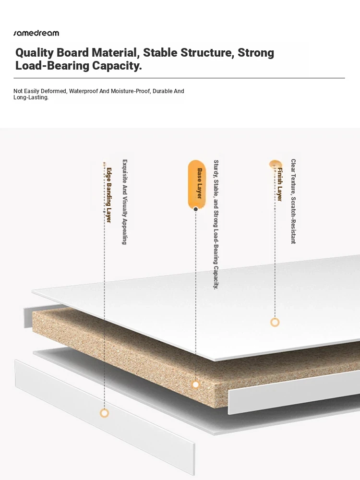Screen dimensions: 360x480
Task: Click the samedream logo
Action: click(x=36, y=33)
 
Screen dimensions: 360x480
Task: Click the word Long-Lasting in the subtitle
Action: click(x=31, y=97)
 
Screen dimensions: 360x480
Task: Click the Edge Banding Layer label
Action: click(x=108, y=195)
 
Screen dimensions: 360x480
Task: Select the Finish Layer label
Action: click(x=279, y=184)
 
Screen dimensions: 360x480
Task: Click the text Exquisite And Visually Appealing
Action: click(x=124, y=202)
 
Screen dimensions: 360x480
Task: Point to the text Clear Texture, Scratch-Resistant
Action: click(x=293, y=201)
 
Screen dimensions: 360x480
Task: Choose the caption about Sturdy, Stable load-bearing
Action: click(x=216, y=224)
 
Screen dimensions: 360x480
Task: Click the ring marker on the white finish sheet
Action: click(x=275, y=322)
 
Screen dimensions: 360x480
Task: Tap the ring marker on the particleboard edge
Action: click(x=196, y=384)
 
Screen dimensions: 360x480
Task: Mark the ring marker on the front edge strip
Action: click(x=104, y=413)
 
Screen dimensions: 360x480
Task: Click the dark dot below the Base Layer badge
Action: click(x=196, y=209)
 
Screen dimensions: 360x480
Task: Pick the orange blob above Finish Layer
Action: click(x=275, y=164)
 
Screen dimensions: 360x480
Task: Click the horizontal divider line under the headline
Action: click(x=179, y=78)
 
